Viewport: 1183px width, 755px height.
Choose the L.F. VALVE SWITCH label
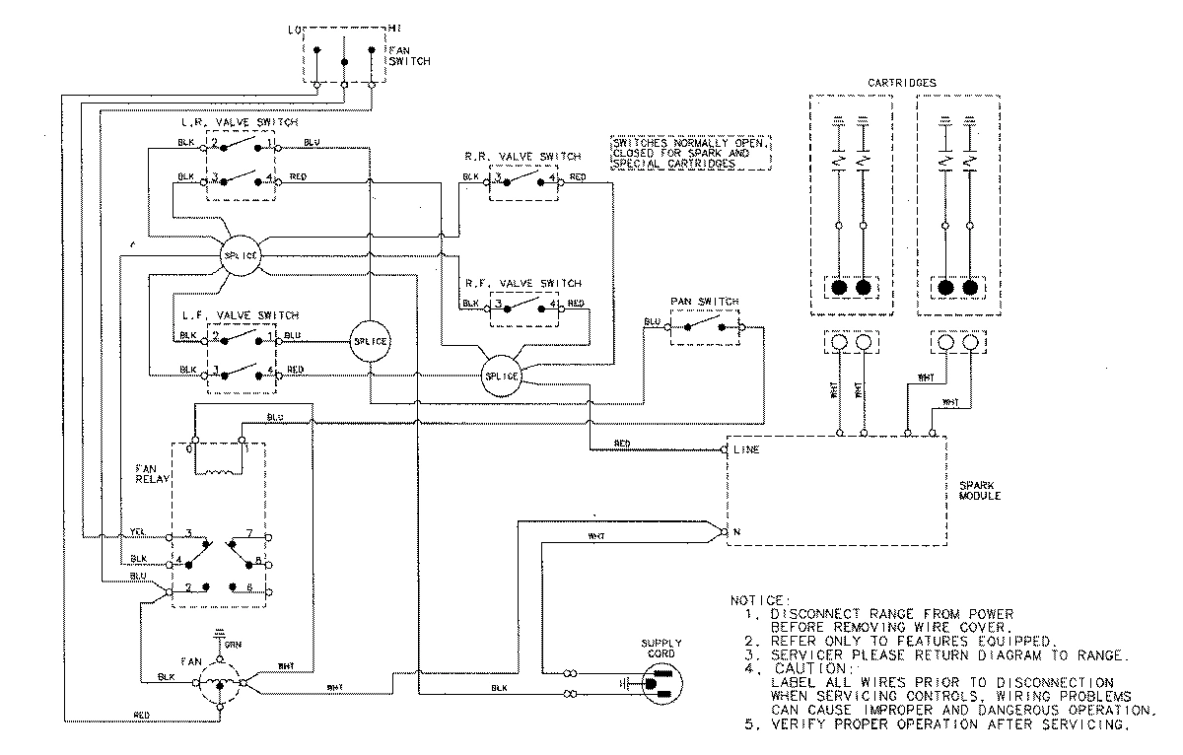[x=240, y=314]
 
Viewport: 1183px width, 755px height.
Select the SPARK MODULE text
[x=979, y=490]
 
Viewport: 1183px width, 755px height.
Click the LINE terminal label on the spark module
[x=745, y=449]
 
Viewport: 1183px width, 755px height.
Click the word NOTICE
[x=759, y=600]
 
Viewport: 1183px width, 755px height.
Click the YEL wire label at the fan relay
[x=137, y=532]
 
